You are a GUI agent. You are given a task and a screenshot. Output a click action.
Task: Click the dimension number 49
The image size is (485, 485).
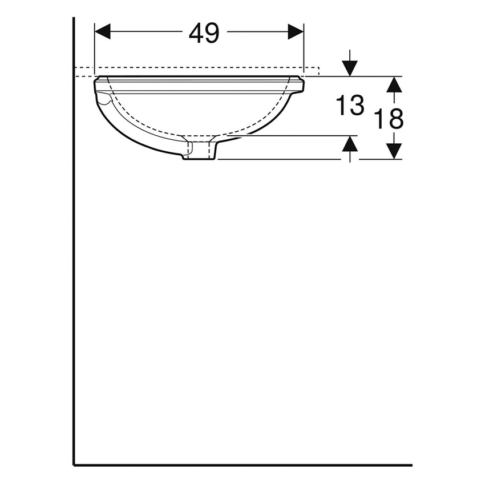pos(204,34)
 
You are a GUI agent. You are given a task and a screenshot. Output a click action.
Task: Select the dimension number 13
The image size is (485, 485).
pos(349,106)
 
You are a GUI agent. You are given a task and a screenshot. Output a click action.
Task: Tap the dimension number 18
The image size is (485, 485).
pos(389,119)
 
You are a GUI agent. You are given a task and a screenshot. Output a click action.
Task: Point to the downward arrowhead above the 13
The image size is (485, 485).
pos(350,68)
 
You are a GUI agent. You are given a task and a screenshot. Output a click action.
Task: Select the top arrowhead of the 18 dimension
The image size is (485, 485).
pos(394,84)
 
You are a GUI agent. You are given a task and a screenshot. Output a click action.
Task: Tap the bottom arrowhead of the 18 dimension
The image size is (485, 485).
pos(394,151)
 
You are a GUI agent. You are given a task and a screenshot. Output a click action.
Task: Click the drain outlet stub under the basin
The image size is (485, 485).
pos(199,152)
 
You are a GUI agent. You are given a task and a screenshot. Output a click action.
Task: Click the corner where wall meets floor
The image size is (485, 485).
pos(74,464)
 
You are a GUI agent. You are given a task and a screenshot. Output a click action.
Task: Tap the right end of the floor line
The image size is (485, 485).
pos(411,464)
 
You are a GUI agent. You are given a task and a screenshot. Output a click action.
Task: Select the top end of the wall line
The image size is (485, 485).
pos(74,19)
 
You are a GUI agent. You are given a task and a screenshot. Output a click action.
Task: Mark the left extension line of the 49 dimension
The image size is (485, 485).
pos(94,51)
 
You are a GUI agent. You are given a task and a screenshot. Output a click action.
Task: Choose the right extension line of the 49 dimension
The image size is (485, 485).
pos(304,51)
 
